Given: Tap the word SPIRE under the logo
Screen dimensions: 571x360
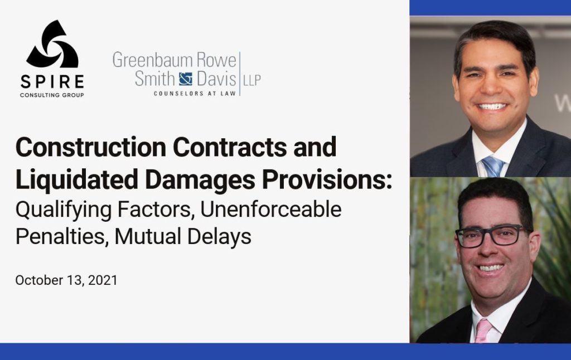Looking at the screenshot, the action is [52, 82].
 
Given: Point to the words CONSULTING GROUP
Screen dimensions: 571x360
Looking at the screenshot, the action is [52, 95].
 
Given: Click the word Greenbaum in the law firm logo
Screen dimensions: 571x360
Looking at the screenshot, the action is [153, 60].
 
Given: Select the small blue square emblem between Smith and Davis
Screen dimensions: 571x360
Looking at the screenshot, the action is [185, 79].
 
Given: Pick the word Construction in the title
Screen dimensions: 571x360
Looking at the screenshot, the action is [91, 147].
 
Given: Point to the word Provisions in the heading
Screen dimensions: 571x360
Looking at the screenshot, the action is [324, 179].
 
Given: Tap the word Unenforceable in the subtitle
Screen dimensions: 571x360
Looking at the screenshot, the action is [271, 209].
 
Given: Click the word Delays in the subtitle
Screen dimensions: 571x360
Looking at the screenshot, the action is [219, 237].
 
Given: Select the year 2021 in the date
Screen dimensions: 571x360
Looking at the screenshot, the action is [103, 280].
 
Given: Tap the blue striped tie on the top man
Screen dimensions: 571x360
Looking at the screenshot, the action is [492, 167].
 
